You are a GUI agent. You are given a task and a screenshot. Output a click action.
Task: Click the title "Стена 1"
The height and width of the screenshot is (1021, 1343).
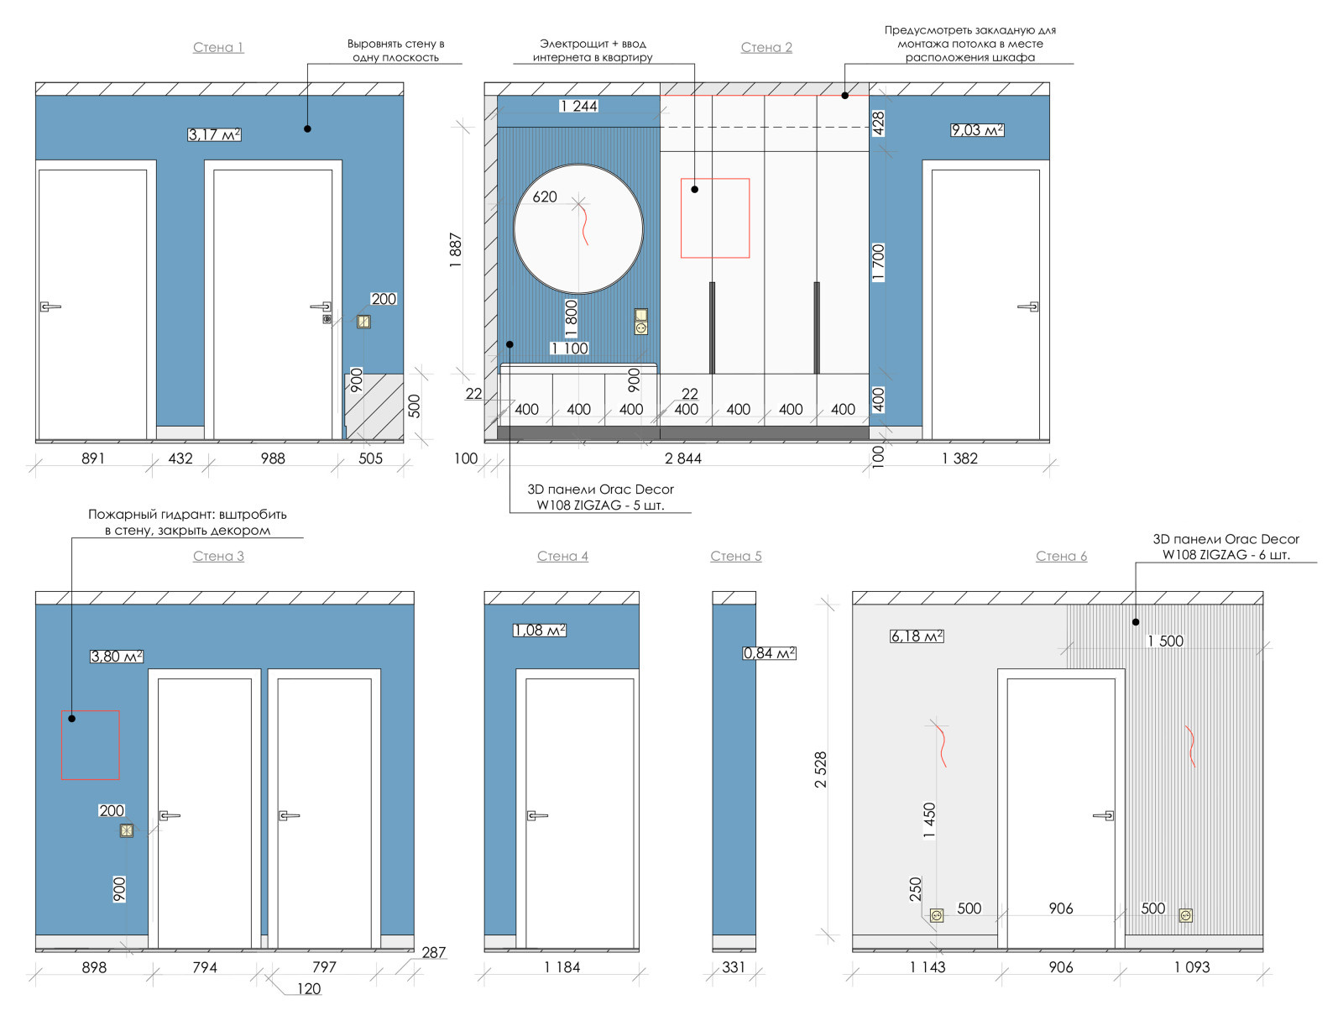pos(217,47)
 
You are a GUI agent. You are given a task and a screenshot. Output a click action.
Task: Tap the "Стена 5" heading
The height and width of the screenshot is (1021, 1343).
pos(735,556)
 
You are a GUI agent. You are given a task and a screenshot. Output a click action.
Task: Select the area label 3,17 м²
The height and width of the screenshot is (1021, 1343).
pos(214,134)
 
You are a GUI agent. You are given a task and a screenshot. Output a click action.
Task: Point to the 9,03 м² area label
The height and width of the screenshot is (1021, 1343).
pos(976,129)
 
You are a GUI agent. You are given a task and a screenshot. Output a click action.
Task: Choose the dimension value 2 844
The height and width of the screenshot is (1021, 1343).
pos(682,458)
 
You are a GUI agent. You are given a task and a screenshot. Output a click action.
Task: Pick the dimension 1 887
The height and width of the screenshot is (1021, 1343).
pos(455,249)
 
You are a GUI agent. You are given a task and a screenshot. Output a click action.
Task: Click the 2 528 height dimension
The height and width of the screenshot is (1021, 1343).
pos(820,770)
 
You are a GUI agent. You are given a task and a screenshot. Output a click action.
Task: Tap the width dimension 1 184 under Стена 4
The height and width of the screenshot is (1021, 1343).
pos(562,967)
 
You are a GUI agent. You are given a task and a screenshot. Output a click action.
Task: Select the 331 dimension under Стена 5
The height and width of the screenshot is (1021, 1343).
pos(734,967)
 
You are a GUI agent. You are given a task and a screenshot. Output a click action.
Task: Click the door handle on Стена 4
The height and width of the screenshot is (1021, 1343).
pos(536,815)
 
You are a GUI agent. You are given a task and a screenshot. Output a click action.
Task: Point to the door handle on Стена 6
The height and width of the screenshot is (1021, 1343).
pos(1104,815)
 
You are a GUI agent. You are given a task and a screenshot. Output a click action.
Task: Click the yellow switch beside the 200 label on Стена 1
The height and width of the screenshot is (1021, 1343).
pos(363,322)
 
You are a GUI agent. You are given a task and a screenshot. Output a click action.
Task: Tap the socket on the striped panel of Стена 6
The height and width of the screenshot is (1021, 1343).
pos(1185,916)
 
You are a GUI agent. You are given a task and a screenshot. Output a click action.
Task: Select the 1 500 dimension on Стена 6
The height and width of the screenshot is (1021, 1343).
pos(1165,641)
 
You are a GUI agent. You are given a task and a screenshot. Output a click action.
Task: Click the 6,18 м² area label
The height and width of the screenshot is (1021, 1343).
pos(917,636)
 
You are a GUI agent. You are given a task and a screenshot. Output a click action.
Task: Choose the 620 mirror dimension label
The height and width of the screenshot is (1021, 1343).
pos(545,197)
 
